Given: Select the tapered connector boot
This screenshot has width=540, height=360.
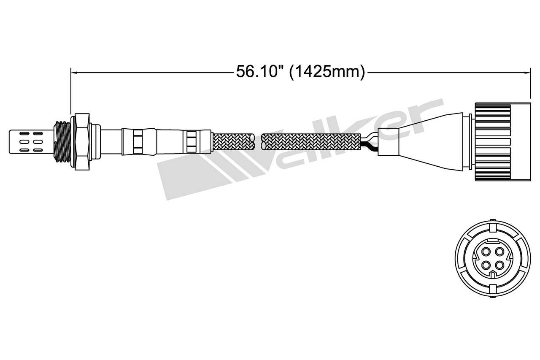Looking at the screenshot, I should (x=430, y=141).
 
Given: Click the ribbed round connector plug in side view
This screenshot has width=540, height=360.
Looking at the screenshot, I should (x=494, y=141).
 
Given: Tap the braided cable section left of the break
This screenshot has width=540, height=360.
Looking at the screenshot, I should (x=233, y=141).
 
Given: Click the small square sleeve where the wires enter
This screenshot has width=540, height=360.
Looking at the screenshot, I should (x=386, y=141).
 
